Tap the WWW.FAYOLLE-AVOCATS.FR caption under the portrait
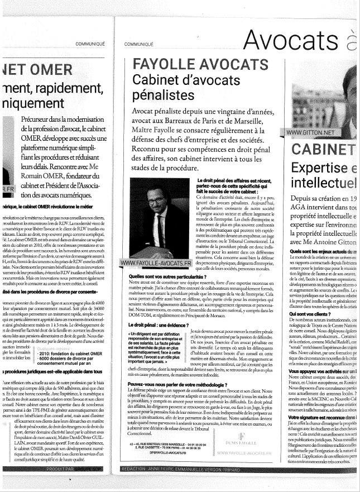pyautogui.click(x=157, y=262)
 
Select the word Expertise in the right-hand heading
pyautogui.click(x=324, y=168)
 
